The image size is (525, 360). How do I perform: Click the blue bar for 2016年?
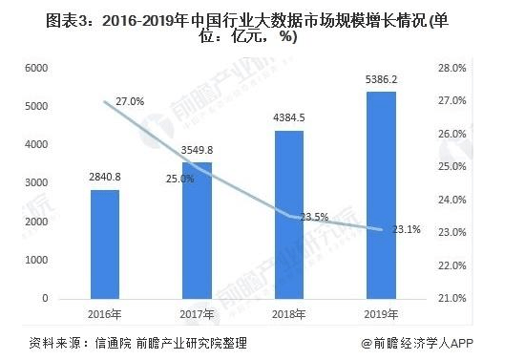click(x=105, y=244)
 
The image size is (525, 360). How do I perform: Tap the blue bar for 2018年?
click(x=288, y=215)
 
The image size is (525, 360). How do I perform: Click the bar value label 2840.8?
click(x=105, y=178)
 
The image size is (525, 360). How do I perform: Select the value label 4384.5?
click(x=288, y=118)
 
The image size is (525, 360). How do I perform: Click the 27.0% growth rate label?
click(x=129, y=100)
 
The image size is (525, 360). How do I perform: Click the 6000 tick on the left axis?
click(x=36, y=68)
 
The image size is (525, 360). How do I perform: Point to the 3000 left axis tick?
click(x=36, y=183)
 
